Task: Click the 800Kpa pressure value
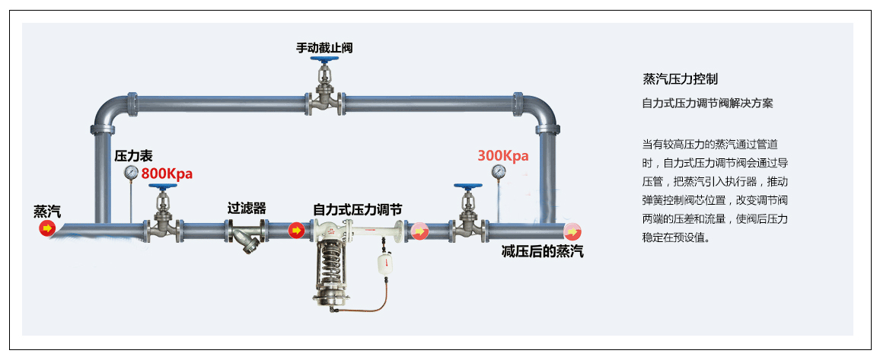(167, 174)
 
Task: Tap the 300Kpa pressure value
(503, 155)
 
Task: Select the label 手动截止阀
(324, 48)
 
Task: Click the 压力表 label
(133, 156)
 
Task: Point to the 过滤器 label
(247, 208)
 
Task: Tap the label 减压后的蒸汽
(542, 252)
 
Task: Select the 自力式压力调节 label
(358, 209)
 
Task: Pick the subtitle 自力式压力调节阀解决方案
(707, 103)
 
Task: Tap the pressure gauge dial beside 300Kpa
(499, 171)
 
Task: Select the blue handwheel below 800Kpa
(162, 186)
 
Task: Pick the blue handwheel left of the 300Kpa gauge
(466, 186)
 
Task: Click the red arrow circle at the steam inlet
(47, 228)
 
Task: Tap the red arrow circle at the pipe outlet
(572, 231)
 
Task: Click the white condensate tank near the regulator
(384, 260)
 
